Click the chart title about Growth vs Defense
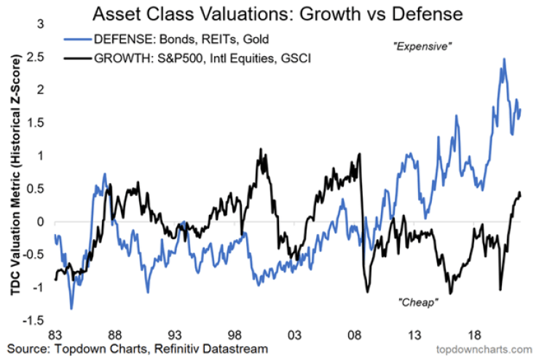point(280,13)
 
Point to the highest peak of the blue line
point(503,59)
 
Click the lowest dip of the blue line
point(71,308)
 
